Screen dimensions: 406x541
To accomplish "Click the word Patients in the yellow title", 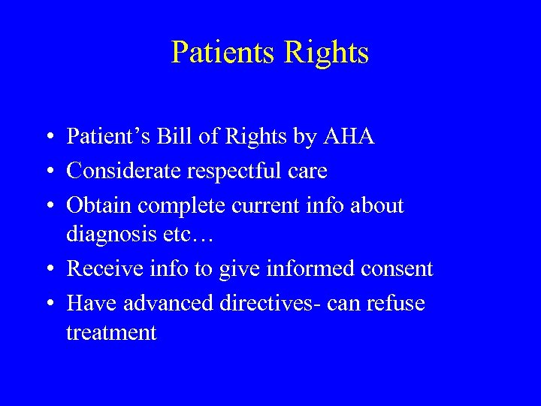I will [x=222, y=53].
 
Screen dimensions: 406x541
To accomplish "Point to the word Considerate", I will [x=123, y=171].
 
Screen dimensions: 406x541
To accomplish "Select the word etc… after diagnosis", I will [x=190, y=235].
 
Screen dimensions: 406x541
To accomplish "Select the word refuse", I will [x=395, y=303].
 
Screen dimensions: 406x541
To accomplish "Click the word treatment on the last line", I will [x=111, y=332].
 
